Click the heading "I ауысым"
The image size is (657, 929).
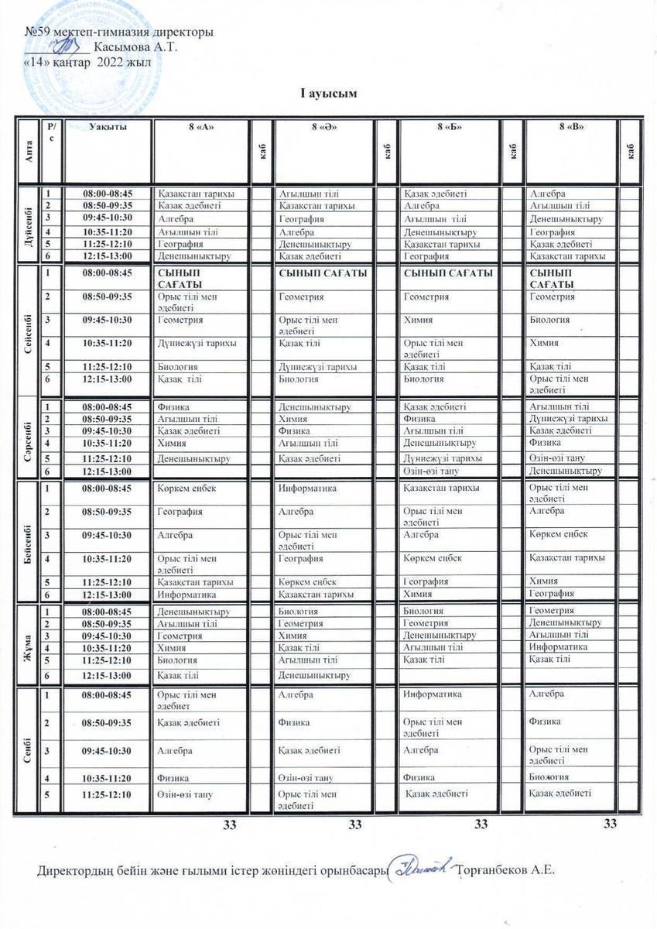click(x=328, y=94)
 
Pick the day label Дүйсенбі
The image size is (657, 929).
click(x=29, y=224)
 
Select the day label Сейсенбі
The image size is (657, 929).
click(x=29, y=331)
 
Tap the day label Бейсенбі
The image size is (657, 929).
click(x=29, y=540)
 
